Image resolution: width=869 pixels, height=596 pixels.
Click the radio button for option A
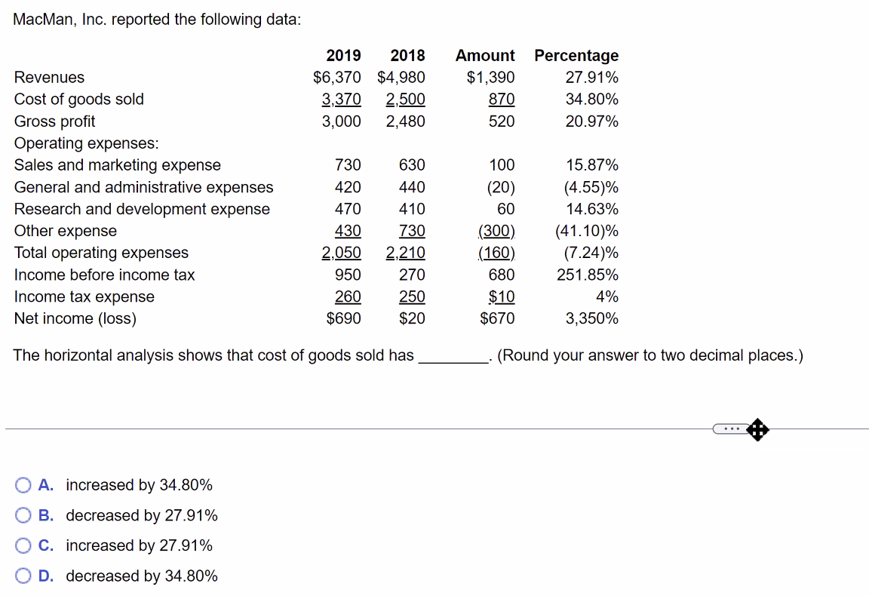click(x=24, y=485)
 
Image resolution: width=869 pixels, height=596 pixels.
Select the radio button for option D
click(x=24, y=576)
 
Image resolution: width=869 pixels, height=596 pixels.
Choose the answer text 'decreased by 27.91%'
click(x=142, y=515)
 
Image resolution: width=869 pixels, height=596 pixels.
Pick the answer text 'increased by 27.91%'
click(x=139, y=545)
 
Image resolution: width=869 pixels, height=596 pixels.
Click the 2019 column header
click(x=343, y=55)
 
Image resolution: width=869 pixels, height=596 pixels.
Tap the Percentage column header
click(x=576, y=55)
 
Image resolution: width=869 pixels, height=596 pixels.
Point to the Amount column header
click(x=485, y=55)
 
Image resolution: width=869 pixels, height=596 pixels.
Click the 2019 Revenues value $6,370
click(x=337, y=77)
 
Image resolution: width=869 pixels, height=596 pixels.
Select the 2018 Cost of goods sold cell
click(x=405, y=99)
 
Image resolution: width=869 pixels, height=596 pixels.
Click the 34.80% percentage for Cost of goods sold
click(x=592, y=99)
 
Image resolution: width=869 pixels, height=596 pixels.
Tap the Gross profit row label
click(x=55, y=121)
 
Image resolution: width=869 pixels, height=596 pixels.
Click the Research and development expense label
click(x=142, y=209)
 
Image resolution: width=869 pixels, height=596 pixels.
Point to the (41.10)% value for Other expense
click(x=587, y=231)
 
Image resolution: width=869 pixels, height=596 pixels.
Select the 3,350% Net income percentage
click(x=592, y=318)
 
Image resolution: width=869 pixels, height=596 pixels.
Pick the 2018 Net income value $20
click(x=412, y=318)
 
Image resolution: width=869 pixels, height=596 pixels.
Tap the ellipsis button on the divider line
click(x=729, y=429)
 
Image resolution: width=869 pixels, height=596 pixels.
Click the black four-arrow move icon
click(x=757, y=430)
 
